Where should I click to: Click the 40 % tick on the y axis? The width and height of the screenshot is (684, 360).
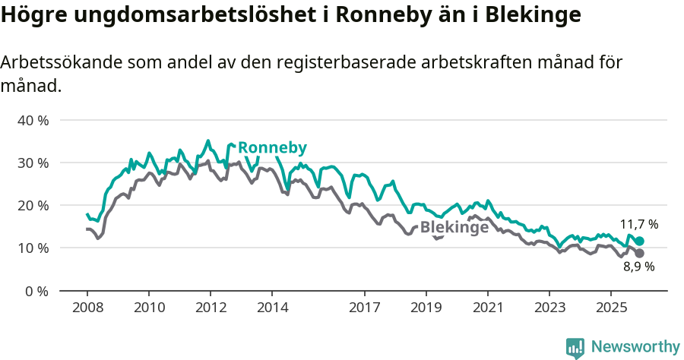pyautogui.click(x=33, y=120)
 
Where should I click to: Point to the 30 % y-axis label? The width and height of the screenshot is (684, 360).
pyautogui.click(x=33, y=163)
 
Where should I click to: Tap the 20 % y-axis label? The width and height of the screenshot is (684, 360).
pyautogui.click(x=33, y=205)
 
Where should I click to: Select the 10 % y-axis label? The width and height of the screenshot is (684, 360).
pyautogui.click(x=33, y=248)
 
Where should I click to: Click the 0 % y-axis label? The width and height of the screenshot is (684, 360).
pyautogui.click(x=36, y=290)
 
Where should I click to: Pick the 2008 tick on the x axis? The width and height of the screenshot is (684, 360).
pyautogui.click(x=87, y=308)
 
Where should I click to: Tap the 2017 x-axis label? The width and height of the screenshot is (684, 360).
pyautogui.click(x=364, y=308)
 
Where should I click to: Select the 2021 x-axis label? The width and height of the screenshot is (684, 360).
pyautogui.click(x=487, y=308)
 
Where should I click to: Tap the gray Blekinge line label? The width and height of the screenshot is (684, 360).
pyautogui.click(x=454, y=227)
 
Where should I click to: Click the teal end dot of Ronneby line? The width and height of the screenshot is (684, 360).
pyautogui.click(x=639, y=241)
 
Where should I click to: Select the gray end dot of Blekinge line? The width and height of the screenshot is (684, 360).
pyautogui.click(x=639, y=253)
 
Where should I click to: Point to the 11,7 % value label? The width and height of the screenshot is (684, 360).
pyautogui.click(x=638, y=224)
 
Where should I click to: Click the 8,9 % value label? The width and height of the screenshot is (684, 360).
pyautogui.click(x=638, y=267)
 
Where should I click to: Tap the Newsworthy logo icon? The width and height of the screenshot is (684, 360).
pyautogui.click(x=575, y=348)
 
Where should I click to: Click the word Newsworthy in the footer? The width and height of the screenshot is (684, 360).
pyautogui.click(x=635, y=347)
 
